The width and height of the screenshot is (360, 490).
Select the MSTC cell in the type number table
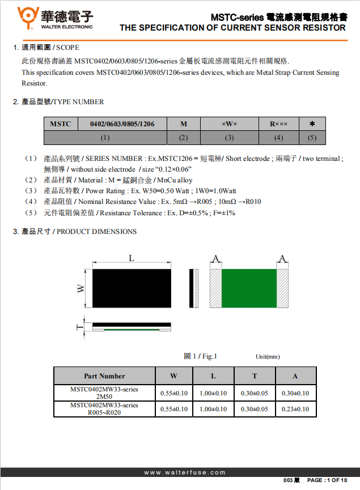coord(61,123)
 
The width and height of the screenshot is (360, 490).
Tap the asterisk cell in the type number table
coord(312,123)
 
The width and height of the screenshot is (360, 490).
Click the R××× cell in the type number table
coord(278,123)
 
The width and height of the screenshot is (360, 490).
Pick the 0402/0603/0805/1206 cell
coord(122,123)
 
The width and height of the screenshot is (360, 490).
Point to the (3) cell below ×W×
coord(229,138)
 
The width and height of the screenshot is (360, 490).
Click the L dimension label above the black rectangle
coord(132,258)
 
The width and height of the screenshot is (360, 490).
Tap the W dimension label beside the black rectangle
coord(81,288)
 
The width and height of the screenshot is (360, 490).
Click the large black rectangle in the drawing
coord(132,288)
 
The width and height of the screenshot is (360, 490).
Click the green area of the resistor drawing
coord(248,288)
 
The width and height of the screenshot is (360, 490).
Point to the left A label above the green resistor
coord(215,259)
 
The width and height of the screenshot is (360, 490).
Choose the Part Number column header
coord(104,376)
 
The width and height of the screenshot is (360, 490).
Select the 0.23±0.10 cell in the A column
coord(295,409)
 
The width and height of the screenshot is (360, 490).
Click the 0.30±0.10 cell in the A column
coord(295,393)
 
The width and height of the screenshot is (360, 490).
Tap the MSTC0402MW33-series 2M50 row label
coord(104,393)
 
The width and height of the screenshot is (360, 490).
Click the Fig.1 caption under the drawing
coord(201,356)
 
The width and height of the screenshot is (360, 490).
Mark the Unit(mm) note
coord(268,357)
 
